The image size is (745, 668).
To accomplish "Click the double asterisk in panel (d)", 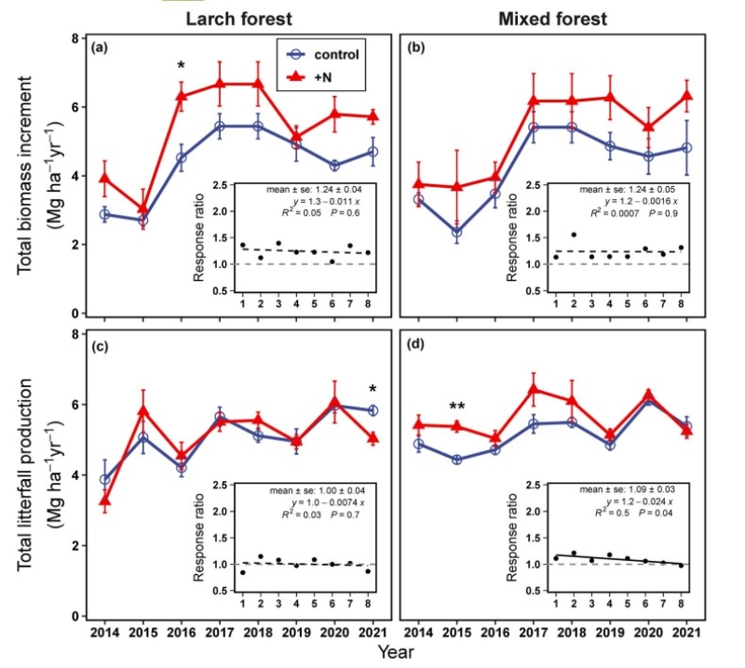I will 457,407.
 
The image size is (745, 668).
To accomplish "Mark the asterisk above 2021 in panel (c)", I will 372,390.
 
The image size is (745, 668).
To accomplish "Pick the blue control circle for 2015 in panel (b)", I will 457,232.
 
